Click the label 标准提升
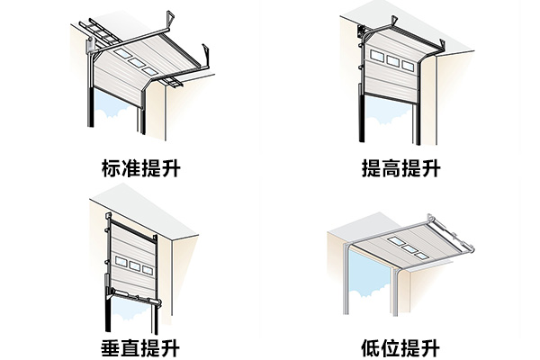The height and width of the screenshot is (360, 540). click(x=138, y=167)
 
